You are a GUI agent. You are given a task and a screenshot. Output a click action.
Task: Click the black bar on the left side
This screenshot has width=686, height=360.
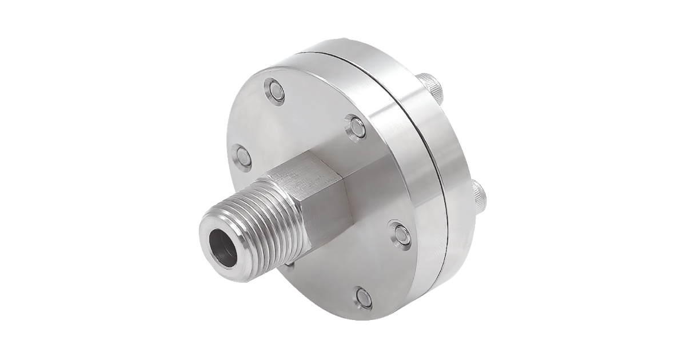pyautogui.click(x=62, y=180)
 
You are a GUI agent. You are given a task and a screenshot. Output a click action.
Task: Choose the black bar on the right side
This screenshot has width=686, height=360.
pyautogui.click(x=623, y=180)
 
